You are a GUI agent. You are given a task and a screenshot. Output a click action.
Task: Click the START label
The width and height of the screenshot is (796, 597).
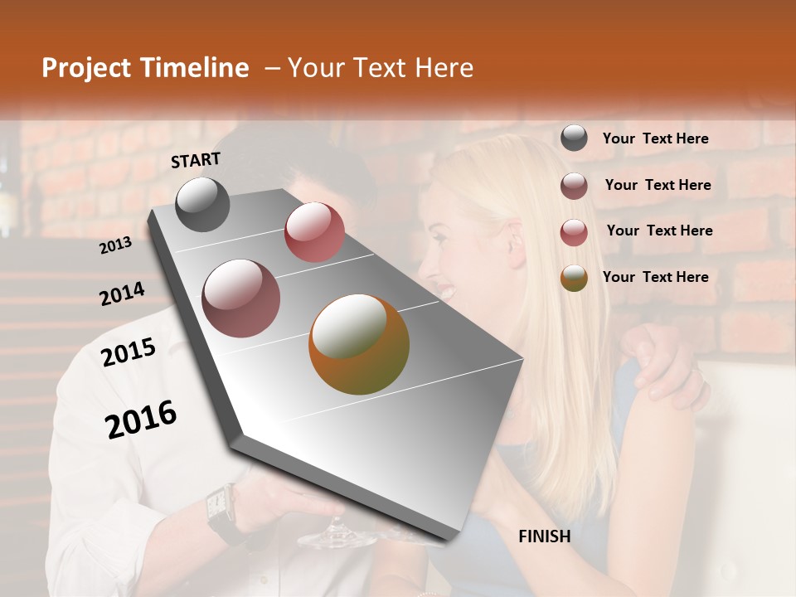[196, 160]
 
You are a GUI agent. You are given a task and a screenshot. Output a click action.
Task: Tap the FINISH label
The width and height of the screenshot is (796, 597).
[545, 536]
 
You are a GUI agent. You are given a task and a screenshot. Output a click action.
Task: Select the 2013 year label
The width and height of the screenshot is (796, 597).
[115, 245]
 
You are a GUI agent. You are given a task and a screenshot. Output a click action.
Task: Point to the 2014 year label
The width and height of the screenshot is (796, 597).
[122, 294]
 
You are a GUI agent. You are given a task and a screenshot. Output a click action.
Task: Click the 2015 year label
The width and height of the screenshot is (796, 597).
[129, 352]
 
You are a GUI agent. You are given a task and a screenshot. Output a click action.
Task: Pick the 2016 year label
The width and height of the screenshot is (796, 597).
[142, 420]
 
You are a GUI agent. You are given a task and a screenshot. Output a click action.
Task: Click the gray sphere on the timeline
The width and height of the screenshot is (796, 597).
[203, 205]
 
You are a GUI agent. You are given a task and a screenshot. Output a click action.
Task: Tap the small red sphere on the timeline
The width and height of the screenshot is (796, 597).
[314, 231]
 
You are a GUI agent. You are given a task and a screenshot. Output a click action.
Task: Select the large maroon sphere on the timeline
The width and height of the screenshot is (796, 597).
[241, 298]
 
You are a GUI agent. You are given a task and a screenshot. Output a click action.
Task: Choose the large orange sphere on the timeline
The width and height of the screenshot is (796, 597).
[359, 344]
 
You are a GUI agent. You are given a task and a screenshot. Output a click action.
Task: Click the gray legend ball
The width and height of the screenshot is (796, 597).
[574, 138]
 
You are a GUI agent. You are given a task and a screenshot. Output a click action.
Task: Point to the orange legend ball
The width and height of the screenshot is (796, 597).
[574, 278]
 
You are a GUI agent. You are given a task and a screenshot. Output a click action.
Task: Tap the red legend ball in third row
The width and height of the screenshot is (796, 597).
[574, 231]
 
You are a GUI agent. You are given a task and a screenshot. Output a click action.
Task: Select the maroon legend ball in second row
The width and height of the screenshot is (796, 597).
[574, 186]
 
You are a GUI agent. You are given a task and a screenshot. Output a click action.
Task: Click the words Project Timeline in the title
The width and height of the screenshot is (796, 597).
[145, 68]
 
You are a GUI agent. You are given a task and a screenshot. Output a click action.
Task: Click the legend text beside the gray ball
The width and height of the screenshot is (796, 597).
[656, 138]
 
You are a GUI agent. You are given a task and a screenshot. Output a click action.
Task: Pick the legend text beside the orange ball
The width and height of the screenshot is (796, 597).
[656, 277]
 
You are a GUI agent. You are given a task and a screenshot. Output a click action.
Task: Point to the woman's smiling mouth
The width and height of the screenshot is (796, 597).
[446, 292]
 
